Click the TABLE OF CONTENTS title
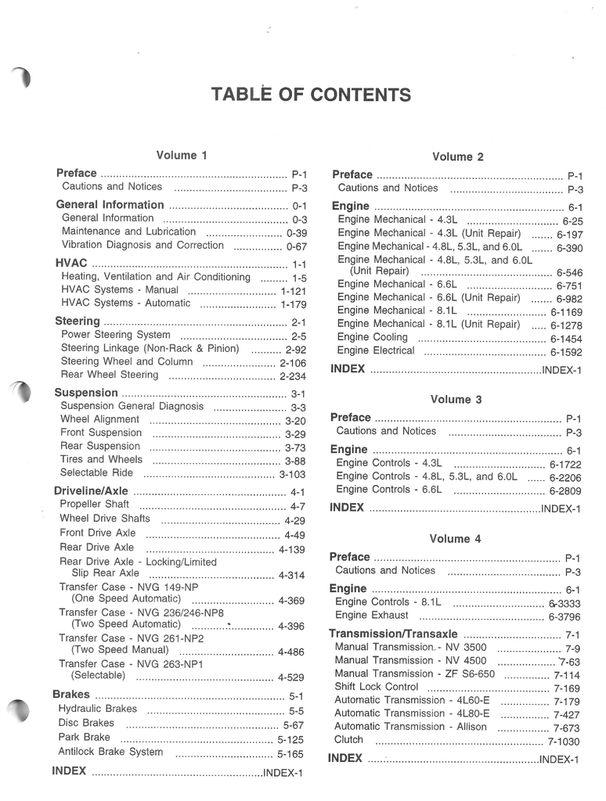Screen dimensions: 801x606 coord(310,95)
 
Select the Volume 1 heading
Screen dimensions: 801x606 coord(182,156)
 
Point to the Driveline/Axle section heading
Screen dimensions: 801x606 coord(90,491)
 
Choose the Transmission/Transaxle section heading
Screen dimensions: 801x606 coord(393,634)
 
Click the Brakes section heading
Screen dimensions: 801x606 coord(70,694)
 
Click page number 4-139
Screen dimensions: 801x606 coord(291,550)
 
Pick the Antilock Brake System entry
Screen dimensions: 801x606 coord(110,752)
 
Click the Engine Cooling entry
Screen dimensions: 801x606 coord(373,337)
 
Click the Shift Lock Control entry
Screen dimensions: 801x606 coord(377,687)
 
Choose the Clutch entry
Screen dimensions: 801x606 coord(348,739)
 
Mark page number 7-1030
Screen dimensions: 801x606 coord(564,742)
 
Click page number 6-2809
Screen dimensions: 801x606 coord(565,491)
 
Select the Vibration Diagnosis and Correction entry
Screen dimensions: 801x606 coord(142,245)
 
